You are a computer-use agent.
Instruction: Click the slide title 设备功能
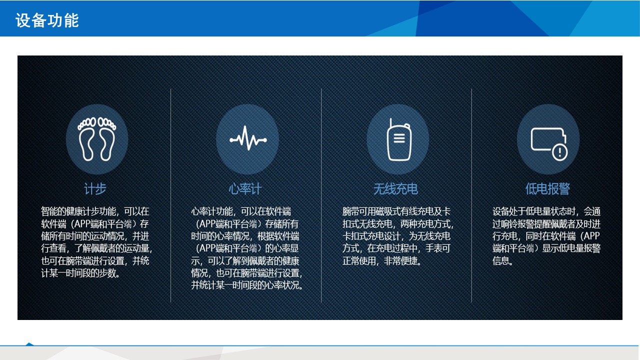[47, 20]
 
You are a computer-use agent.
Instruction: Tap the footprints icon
[97, 139]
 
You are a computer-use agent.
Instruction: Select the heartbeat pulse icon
[248, 138]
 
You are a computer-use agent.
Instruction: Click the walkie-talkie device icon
[399, 140]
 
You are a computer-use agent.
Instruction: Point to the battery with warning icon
[549, 143]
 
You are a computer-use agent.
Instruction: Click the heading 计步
[95, 189]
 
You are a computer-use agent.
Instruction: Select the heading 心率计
[245, 189]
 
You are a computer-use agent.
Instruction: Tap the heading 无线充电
[395, 189]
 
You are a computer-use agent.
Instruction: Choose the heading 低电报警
[547, 189]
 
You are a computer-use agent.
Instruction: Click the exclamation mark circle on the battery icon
[559, 152]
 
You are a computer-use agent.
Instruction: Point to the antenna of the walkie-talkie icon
[390, 123]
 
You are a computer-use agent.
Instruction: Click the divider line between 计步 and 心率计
[171, 195]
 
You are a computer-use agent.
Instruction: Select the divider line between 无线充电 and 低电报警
[471, 195]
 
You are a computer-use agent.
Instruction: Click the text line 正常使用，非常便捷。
[382, 260]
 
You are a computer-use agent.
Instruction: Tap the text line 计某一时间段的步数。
[80, 273]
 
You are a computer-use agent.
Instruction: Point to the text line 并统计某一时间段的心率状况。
[247, 285]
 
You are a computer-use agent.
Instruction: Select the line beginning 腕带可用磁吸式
[396, 211]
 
